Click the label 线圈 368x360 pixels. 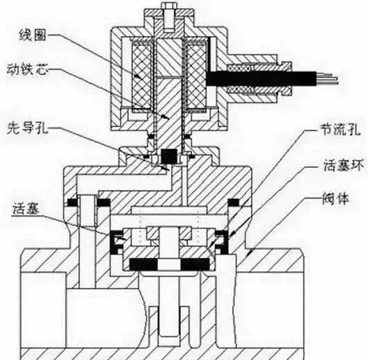tap(33, 35)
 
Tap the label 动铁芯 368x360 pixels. tap(27, 69)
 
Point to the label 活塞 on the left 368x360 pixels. tap(26, 208)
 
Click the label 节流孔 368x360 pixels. tap(340, 129)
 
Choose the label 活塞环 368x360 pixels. tap(344, 165)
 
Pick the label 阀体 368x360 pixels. tap(335, 199)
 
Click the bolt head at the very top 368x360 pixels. tap(169, 6)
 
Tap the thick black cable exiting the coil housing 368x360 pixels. tap(261, 78)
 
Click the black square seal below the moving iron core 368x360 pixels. tap(169, 156)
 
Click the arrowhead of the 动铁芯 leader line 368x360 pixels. tap(166, 117)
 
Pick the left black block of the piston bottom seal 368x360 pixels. tap(143, 264)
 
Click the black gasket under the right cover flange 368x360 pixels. tap(234, 203)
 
